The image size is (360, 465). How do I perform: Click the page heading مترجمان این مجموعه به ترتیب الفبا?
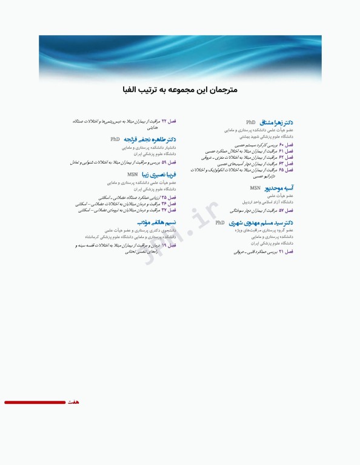point(179,90)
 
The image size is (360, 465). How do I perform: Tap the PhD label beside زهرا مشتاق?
point(250,122)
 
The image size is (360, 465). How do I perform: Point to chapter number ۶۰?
point(281,145)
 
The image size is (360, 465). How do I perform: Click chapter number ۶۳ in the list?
point(281,163)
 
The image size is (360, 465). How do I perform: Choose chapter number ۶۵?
point(281,170)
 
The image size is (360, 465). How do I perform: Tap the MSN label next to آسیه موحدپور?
point(255,188)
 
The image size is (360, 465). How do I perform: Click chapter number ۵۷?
point(281,211)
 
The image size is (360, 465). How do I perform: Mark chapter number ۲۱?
point(281,251)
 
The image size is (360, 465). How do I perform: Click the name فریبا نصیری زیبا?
point(159,175)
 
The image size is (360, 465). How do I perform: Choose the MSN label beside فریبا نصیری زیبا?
point(132,175)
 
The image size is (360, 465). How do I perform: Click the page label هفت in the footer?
point(73,402)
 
